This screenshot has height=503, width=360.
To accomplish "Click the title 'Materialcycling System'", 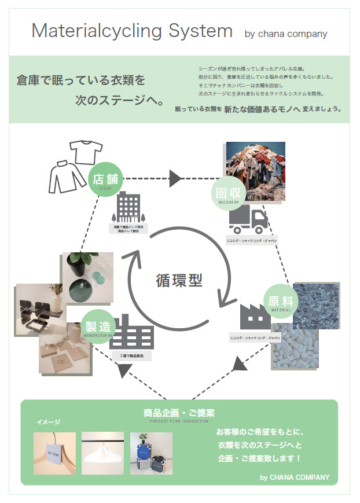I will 132,31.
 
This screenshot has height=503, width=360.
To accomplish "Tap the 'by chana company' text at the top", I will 286,34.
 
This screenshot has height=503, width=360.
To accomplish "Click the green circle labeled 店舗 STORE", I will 105,179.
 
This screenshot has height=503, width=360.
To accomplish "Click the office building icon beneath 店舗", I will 128,207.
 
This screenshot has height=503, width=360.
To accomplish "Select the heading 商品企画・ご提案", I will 179,413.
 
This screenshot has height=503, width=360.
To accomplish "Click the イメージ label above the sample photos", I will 49,422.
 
